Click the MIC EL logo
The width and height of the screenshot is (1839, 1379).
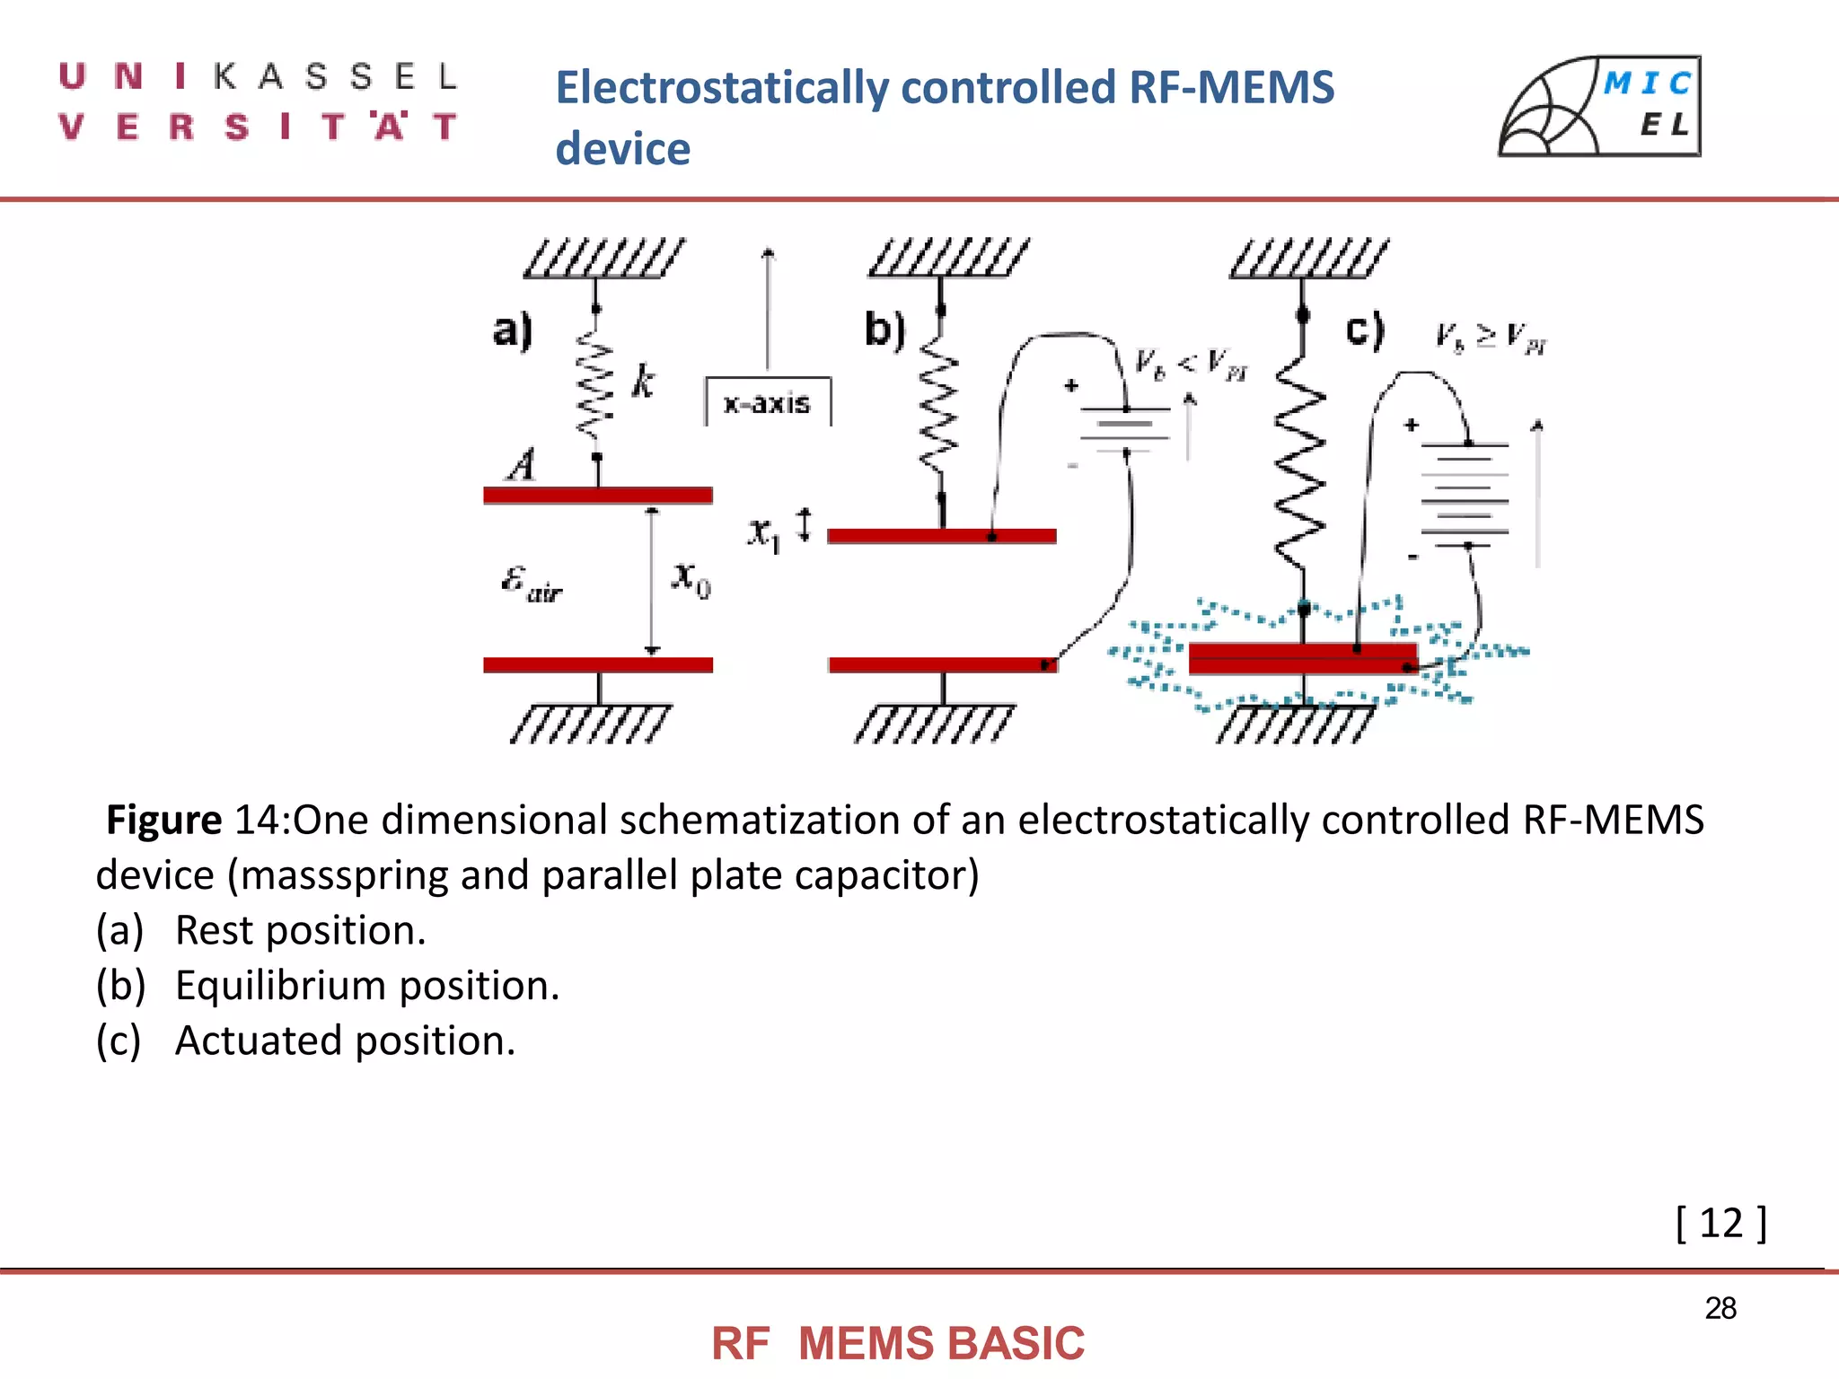tap(1600, 107)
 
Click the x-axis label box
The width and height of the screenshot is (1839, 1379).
tap(768, 402)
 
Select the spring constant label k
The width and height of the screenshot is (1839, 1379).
tap(643, 382)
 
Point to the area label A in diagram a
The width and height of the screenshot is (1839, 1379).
tap(523, 465)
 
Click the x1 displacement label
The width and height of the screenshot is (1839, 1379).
tap(764, 533)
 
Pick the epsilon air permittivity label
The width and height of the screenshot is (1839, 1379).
tap(531, 583)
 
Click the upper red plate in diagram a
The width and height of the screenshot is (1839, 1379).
tap(597, 495)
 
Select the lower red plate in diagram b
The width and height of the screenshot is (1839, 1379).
tap(941, 665)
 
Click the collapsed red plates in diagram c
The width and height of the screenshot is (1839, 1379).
tap(1302, 658)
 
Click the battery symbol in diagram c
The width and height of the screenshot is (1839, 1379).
tap(1465, 495)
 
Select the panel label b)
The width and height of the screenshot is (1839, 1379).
tap(884, 329)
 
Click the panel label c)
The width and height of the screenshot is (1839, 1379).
tap(1365, 329)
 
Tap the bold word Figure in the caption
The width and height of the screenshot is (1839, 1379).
tap(163, 820)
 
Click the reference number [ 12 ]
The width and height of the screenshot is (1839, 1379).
tap(1720, 1223)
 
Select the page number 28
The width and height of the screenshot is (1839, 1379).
tap(1720, 1308)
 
